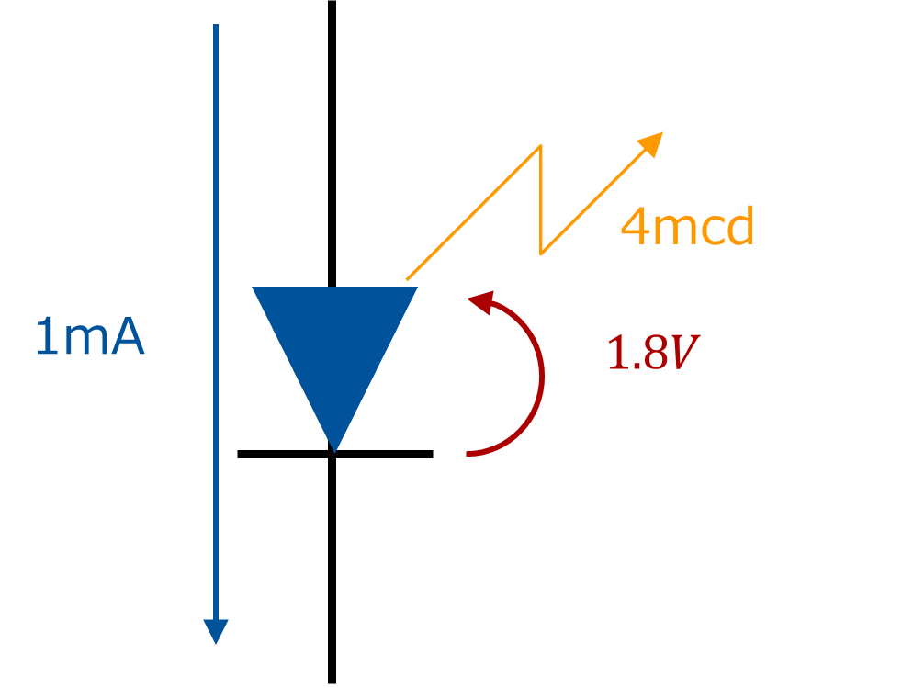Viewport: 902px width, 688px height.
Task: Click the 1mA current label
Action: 89,337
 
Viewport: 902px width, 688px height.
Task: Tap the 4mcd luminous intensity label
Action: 687,226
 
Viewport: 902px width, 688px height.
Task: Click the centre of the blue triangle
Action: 335,344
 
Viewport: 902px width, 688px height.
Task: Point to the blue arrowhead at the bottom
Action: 216,632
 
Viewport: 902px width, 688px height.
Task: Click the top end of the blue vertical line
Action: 216,26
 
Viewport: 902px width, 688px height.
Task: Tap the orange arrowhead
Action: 651,143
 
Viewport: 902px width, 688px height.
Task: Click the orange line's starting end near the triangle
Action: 407,279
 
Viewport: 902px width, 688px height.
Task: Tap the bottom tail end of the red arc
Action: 468,454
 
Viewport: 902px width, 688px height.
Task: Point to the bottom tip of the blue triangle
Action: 335,451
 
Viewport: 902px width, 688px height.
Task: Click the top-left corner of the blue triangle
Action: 254,288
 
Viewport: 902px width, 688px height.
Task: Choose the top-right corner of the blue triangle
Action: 417,288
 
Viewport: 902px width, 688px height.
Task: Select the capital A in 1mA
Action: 129,337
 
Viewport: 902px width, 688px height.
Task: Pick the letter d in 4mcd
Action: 740,226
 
